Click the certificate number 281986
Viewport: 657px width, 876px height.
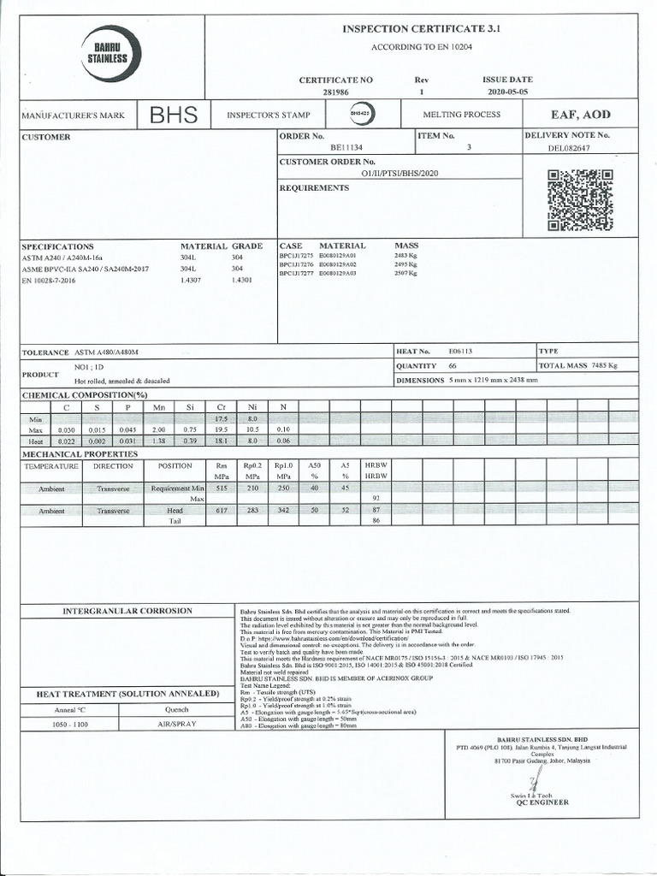pyautogui.click(x=335, y=91)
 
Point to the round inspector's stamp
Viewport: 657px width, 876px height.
pyautogui.click(x=361, y=115)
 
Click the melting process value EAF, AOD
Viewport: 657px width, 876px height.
pyautogui.click(x=580, y=115)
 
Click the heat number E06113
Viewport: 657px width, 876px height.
pyautogui.click(x=460, y=352)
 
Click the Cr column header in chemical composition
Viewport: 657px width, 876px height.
pyautogui.click(x=221, y=407)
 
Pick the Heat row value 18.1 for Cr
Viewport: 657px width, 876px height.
pyautogui.click(x=221, y=440)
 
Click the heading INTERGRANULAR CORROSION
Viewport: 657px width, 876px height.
pyautogui.click(x=127, y=611)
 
